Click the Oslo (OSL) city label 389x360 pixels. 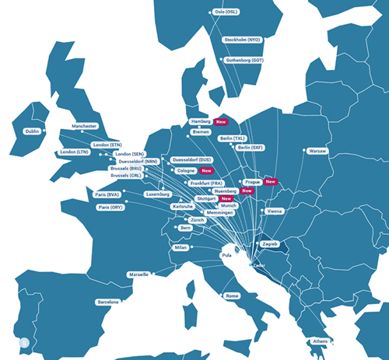tap(226, 12)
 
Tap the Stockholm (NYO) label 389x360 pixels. tap(241, 40)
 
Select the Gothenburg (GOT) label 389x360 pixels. tap(245, 60)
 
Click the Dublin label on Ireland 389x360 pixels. tap(32, 131)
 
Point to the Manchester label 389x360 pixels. tap(84, 126)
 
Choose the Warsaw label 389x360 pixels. tap(317, 151)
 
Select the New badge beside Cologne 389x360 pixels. tap(206, 170)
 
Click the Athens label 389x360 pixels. tap(321, 341)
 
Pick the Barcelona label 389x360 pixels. tap(107, 302)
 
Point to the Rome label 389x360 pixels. tap(232, 296)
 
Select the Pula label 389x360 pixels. tap(227, 255)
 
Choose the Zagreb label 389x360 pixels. tap(271, 244)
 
